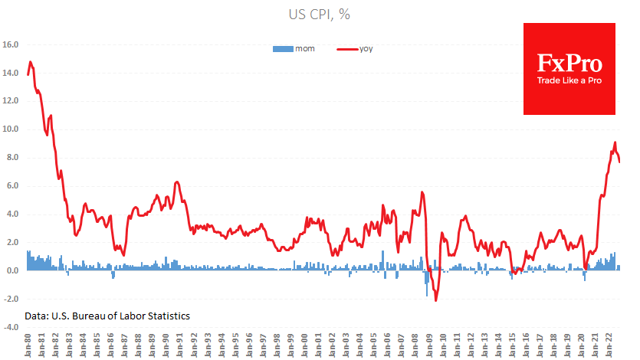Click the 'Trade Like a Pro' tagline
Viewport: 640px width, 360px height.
(x=569, y=80)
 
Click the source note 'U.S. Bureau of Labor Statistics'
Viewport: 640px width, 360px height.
(x=107, y=316)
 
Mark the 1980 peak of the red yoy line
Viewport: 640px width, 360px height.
(x=30, y=62)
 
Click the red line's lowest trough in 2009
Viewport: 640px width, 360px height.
(x=436, y=300)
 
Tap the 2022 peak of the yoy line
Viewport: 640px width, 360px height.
(x=615, y=142)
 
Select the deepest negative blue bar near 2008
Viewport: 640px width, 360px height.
(x=427, y=295)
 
